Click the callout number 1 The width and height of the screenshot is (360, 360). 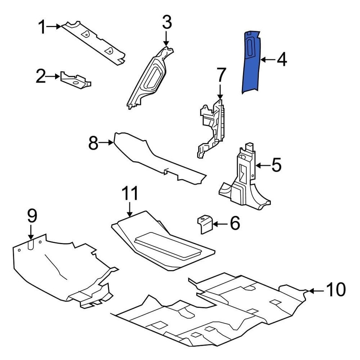tap(42, 27)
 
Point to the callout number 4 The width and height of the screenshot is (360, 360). tap(281, 60)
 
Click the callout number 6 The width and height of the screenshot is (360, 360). tap(234, 224)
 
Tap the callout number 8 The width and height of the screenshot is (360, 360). tap(94, 143)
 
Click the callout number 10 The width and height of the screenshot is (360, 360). tap(335, 290)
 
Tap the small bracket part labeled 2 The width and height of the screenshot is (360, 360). tap(75, 79)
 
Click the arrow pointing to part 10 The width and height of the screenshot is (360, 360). tap(317, 290)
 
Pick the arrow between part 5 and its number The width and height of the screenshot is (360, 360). tap(262, 165)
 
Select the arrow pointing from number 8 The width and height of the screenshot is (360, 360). tap(108, 142)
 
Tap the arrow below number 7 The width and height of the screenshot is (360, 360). tap(220, 92)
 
